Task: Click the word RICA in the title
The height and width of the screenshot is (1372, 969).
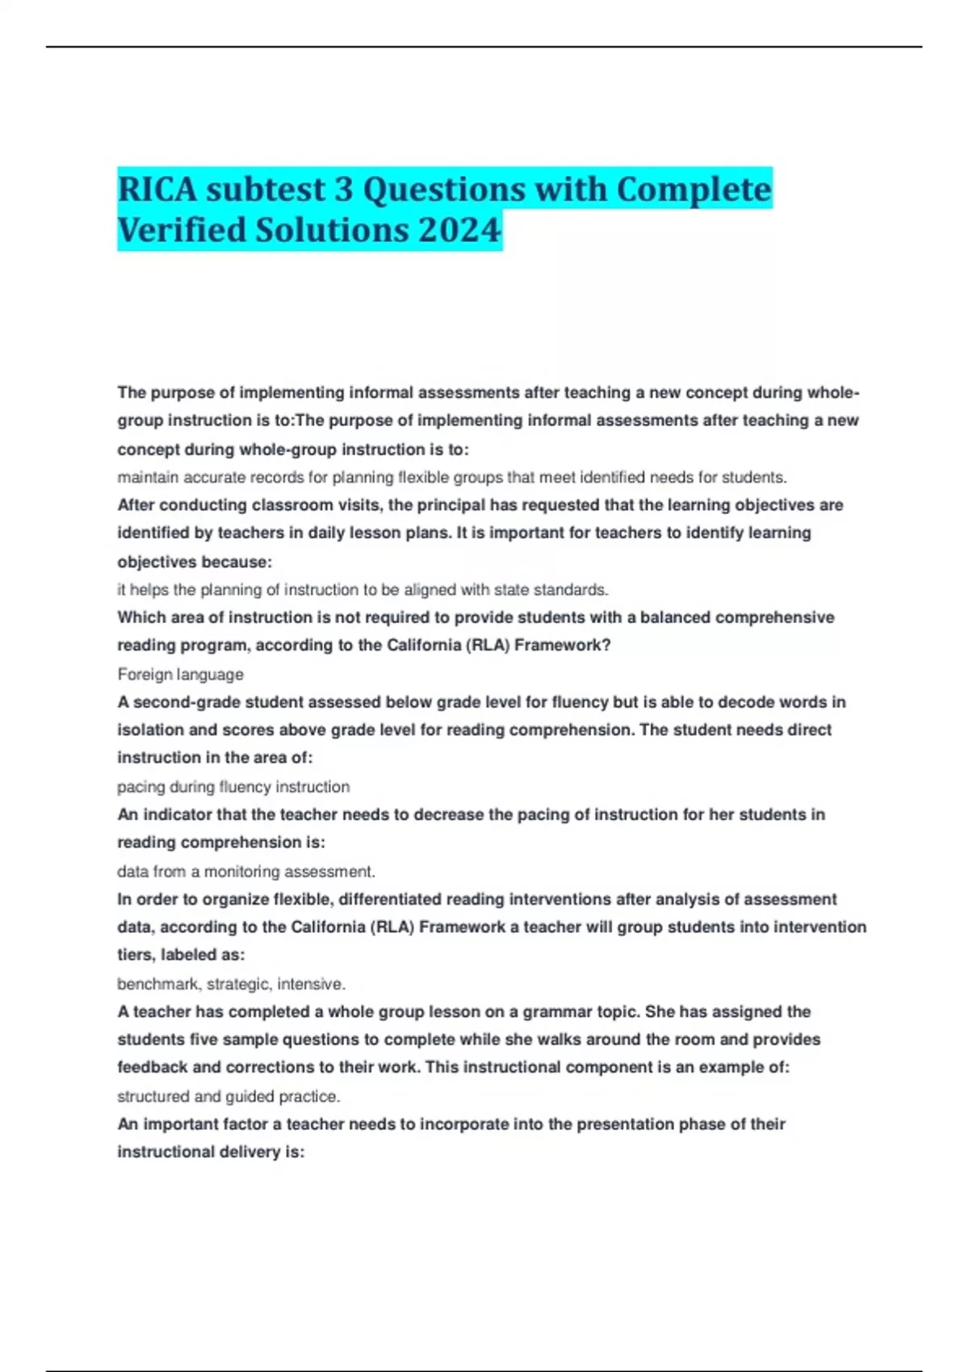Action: point(157,190)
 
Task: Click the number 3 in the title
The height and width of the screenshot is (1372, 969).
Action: point(343,190)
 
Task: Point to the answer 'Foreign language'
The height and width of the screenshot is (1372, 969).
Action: point(180,674)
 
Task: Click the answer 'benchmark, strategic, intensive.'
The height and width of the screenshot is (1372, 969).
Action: point(231,984)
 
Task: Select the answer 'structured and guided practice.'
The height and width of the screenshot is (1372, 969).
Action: point(229,1096)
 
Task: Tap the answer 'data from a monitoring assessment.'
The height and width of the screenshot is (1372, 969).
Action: point(246,872)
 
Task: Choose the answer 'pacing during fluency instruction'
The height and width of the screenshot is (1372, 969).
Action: point(233,787)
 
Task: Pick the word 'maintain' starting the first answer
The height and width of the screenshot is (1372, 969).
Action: point(148,478)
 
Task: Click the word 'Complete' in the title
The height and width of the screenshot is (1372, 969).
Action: point(694,190)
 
